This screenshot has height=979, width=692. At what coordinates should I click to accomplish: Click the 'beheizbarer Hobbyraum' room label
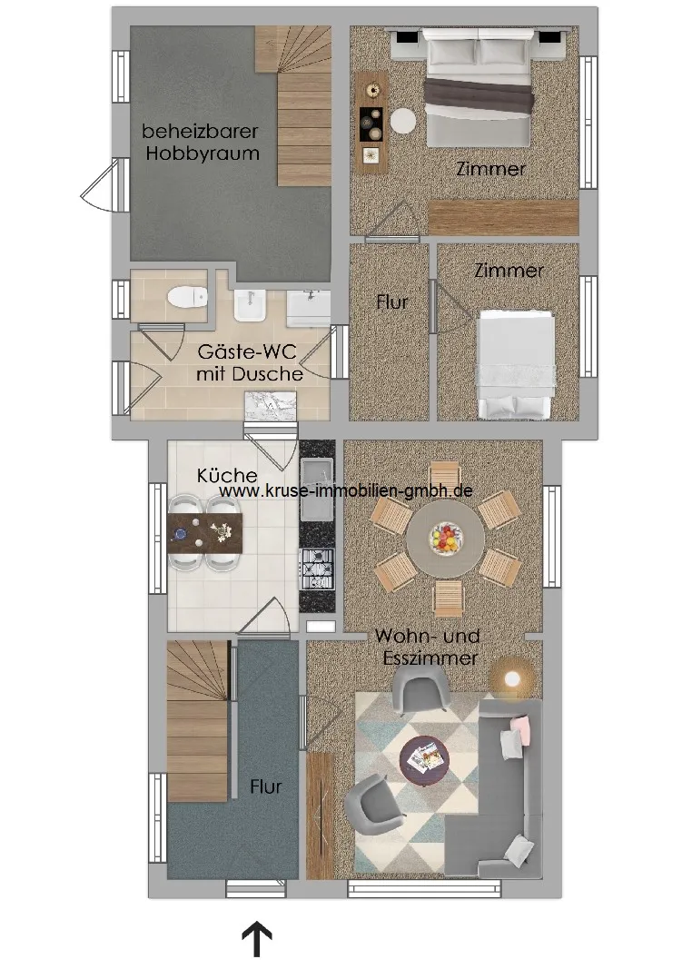click(201, 143)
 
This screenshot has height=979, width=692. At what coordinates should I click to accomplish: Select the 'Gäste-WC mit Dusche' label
click(250, 362)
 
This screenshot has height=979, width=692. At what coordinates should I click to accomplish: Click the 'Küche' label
click(227, 475)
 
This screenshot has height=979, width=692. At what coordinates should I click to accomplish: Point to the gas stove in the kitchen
click(317, 569)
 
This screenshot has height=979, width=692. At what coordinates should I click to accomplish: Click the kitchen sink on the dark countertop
click(317, 489)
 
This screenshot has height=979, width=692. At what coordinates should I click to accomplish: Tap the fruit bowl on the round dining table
click(445, 538)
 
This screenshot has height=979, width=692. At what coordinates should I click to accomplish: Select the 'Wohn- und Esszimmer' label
click(429, 647)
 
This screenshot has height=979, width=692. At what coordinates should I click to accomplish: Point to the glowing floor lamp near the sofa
click(513, 678)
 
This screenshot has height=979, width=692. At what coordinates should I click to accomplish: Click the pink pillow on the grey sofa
click(521, 728)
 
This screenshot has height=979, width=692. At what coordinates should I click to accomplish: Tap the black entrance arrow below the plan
click(257, 940)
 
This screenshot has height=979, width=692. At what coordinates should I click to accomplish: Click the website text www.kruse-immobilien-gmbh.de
click(345, 490)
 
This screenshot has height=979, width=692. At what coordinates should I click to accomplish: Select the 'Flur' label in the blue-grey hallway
click(265, 786)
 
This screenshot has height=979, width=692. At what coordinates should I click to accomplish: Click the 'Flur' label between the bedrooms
click(391, 302)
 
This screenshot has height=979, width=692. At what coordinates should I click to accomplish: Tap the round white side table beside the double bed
click(403, 121)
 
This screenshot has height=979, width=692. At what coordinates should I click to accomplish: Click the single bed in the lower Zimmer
click(516, 365)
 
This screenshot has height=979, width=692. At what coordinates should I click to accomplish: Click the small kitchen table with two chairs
click(205, 532)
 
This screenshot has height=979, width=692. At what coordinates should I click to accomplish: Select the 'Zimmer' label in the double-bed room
click(490, 169)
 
